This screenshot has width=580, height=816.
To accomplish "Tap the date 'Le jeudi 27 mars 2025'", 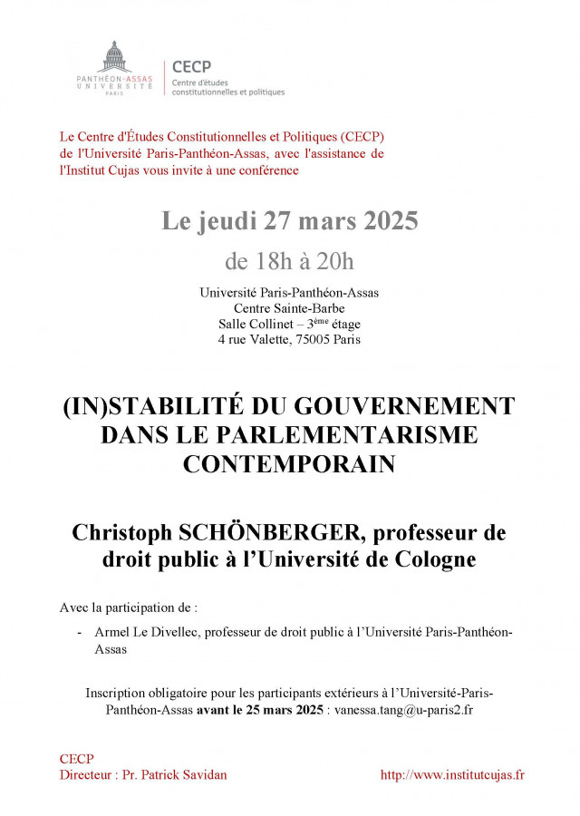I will pyautogui.click(x=290, y=222).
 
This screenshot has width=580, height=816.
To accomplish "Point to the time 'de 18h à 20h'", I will pyautogui.click(x=290, y=262).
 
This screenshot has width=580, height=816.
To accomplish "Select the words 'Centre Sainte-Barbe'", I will pyautogui.click(x=290, y=308).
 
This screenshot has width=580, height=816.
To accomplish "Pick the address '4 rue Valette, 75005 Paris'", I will pyautogui.click(x=290, y=340).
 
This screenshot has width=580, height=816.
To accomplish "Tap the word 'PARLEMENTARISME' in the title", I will pyautogui.click(x=349, y=434).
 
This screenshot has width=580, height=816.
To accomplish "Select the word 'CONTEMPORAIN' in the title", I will pyautogui.click(x=290, y=463).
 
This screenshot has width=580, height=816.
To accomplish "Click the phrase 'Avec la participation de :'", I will pyautogui.click(x=129, y=607).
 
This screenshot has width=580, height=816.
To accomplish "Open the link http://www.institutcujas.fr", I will pyautogui.click(x=452, y=775).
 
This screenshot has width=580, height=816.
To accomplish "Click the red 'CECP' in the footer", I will pyautogui.click(x=76, y=759).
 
